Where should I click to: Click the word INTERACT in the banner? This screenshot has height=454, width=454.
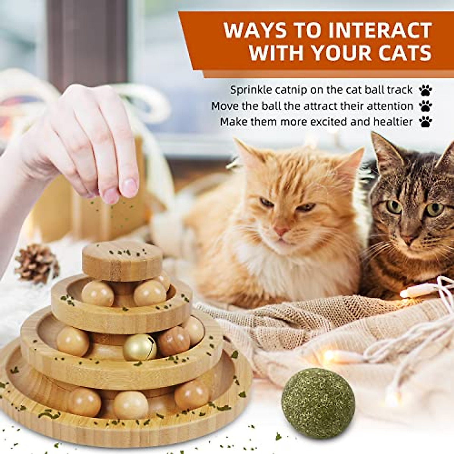[381, 30]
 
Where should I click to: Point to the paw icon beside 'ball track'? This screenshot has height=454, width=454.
[426, 90]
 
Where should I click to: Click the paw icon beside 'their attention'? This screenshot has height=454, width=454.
[426, 106]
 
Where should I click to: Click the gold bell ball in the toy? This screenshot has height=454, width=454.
[140, 347]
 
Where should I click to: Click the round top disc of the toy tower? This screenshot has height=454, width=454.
[122, 260]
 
